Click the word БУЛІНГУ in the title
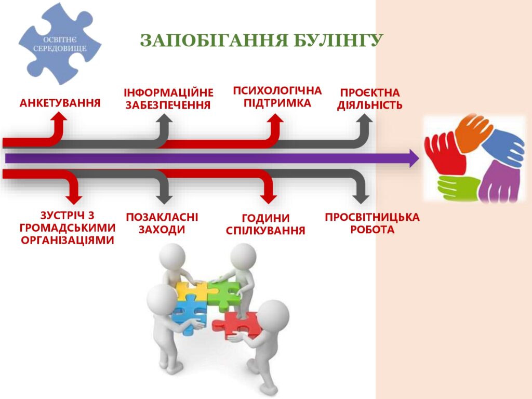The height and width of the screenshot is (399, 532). coord(338,41)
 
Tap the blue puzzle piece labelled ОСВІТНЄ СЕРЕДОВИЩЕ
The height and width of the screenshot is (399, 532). coord(60,44)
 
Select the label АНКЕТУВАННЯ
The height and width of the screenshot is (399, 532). coord(60,103)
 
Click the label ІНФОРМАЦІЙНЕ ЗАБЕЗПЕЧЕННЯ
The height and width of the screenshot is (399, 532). coord(168,99)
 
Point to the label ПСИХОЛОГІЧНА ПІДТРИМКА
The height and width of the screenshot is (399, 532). coord(277,97)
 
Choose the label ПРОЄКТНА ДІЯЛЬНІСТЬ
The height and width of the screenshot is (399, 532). coord(369,99)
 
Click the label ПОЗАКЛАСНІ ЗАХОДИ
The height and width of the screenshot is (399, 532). coord(162,223)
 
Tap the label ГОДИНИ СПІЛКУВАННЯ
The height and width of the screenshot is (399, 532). coord(265,224)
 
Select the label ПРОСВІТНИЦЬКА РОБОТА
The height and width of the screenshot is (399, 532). coord(372,223)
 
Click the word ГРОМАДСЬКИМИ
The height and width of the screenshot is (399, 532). coord(68,228)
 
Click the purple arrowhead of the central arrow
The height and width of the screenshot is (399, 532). coord(415,158)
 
